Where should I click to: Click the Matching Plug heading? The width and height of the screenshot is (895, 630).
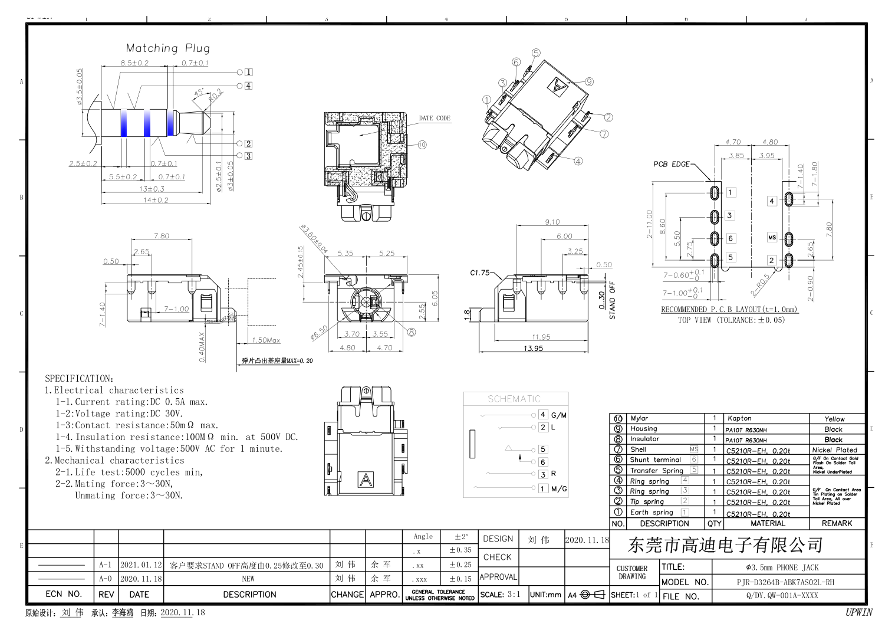[167, 48]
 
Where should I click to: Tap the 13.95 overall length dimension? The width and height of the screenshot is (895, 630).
[533, 349]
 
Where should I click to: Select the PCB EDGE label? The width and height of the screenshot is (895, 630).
[671, 164]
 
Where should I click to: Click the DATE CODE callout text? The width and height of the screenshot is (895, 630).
[435, 118]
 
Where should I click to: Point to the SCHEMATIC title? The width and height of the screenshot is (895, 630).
[514, 399]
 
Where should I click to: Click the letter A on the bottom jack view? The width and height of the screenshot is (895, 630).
[366, 480]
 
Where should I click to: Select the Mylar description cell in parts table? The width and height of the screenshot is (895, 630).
[639, 418]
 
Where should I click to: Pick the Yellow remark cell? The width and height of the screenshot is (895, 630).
[834, 419]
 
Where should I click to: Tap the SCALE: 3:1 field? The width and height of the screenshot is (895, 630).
[500, 595]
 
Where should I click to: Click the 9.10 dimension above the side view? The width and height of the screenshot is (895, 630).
[552, 222]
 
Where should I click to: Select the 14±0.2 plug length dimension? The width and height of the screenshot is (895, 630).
[156, 200]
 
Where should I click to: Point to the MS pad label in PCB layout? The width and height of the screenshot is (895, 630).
[772, 238]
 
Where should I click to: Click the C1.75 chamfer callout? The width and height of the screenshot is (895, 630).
[480, 273]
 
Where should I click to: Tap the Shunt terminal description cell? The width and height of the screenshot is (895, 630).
[655, 460]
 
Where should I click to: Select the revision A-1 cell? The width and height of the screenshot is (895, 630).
[106, 565]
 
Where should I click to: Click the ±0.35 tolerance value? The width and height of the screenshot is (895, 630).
[460, 550]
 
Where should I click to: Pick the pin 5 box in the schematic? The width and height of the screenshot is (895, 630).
[543, 449]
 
